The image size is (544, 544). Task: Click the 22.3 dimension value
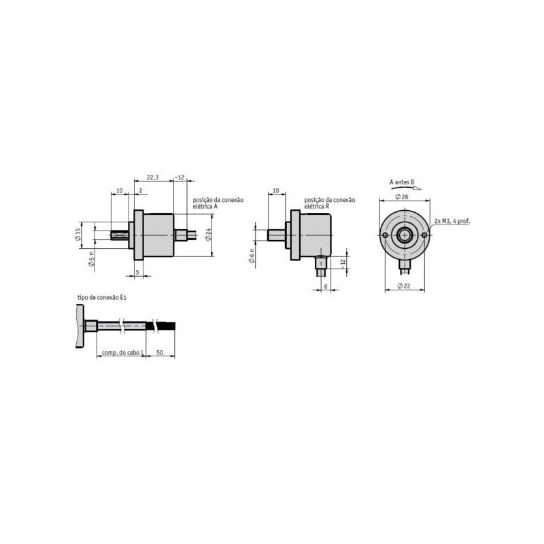153,177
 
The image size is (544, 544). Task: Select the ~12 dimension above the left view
180,177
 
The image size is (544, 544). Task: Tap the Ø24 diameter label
209,234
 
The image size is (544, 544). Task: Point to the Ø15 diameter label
79,234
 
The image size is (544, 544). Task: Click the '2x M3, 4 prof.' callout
451,221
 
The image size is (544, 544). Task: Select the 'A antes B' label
402,182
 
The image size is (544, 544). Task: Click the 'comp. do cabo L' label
122,353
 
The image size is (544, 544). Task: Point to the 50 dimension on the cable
159,353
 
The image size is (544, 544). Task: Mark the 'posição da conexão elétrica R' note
330,202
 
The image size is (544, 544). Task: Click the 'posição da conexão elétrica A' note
218,202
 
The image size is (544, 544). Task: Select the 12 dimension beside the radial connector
343,261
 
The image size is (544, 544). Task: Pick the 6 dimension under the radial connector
326,286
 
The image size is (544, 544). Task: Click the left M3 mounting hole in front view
386,235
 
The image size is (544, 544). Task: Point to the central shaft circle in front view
405,235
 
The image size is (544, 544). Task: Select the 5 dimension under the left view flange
137,272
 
